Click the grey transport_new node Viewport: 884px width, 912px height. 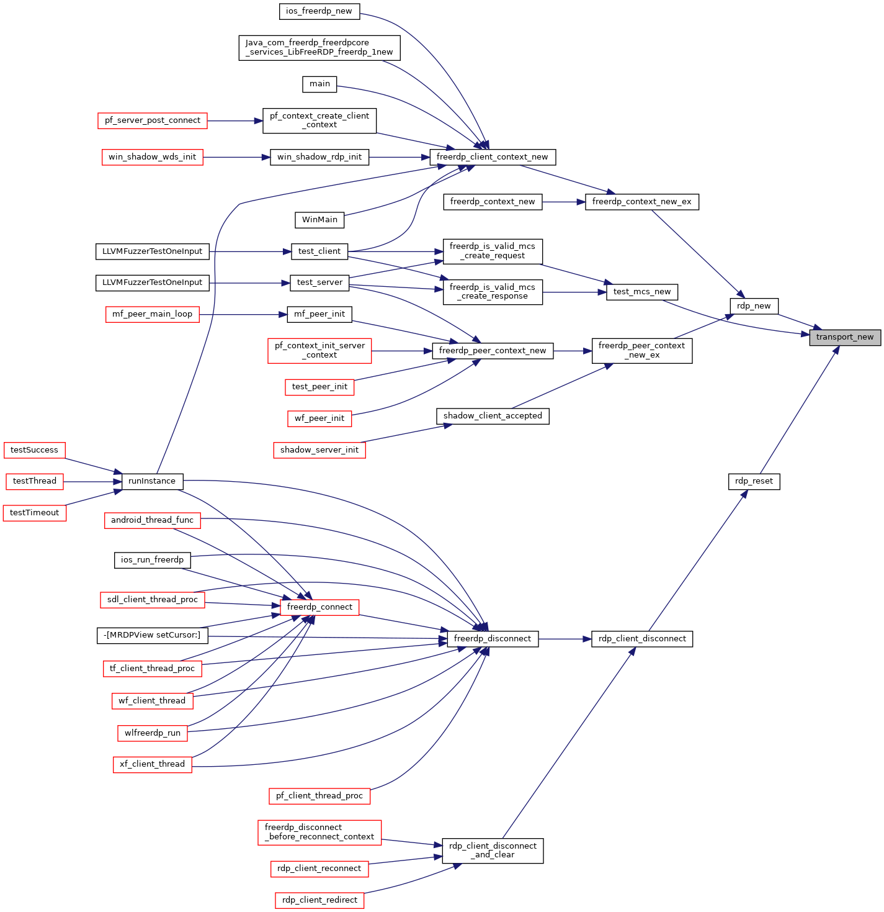click(844, 338)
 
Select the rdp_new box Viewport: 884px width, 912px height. click(753, 306)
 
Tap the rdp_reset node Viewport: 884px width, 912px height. click(754, 481)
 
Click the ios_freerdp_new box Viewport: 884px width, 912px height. click(319, 11)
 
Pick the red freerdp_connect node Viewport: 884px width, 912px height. click(319, 607)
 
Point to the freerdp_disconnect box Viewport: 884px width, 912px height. click(493, 639)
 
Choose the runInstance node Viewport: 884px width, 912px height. click(152, 481)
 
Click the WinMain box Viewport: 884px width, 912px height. click(319, 220)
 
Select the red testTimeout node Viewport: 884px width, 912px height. click(35, 513)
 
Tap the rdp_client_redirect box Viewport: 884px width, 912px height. click(319, 900)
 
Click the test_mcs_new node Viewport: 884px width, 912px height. click(642, 292)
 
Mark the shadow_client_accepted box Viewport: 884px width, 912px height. click(493, 416)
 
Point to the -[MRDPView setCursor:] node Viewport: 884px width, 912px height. click(152, 635)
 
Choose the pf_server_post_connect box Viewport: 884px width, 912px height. click(152, 120)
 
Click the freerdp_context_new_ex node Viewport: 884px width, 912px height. click(642, 202)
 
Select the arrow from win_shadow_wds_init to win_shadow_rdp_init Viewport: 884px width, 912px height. click(236, 158)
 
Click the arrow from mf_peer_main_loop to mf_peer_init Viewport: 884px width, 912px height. click(243, 315)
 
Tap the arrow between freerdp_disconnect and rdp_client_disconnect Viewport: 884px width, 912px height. click(565, 639)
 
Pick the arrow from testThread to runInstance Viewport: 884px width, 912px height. click(92, 481)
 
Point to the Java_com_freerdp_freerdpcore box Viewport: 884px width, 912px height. click(319, 48)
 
